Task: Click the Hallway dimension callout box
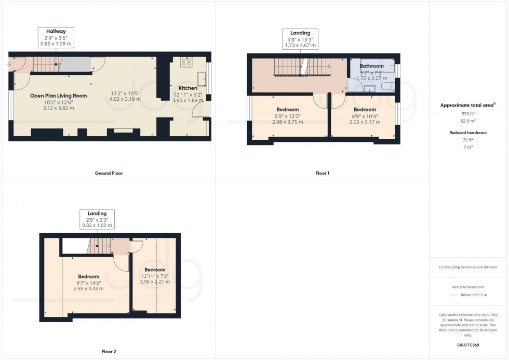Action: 59,37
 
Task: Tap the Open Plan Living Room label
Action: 58,96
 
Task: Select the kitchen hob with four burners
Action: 186,62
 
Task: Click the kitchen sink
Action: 203,79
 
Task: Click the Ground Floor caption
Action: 109,173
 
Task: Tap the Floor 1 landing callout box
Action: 300,39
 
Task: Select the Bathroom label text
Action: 372,66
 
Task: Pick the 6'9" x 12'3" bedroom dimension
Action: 287,116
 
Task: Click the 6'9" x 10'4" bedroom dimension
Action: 364,116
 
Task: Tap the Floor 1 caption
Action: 322,173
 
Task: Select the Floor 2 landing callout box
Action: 97,220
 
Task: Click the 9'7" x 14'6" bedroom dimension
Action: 89,283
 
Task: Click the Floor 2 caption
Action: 109,352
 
